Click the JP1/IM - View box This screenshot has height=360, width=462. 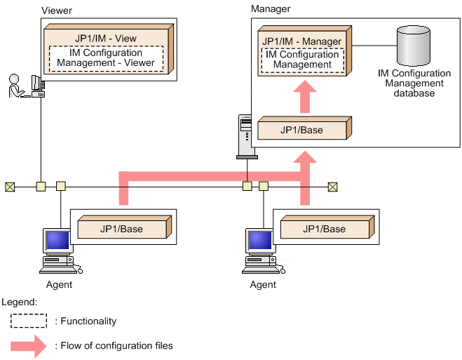click(x=104, y=36)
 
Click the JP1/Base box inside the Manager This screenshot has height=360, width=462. click(x=301, y=130)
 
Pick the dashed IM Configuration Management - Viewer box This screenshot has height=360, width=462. click(x=105, y=58)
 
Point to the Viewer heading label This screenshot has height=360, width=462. click(x=56, y=11)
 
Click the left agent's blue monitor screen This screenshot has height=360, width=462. click(x=57, y=241)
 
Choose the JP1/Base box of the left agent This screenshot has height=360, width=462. click(x=121, y=229)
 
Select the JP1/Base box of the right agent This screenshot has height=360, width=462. click(x=325, y=229)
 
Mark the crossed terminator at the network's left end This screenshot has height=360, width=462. click(x=10, y=187)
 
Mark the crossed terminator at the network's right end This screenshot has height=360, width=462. click(x=332, y=187)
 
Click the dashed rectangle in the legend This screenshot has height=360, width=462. click(x=29, y=321)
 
